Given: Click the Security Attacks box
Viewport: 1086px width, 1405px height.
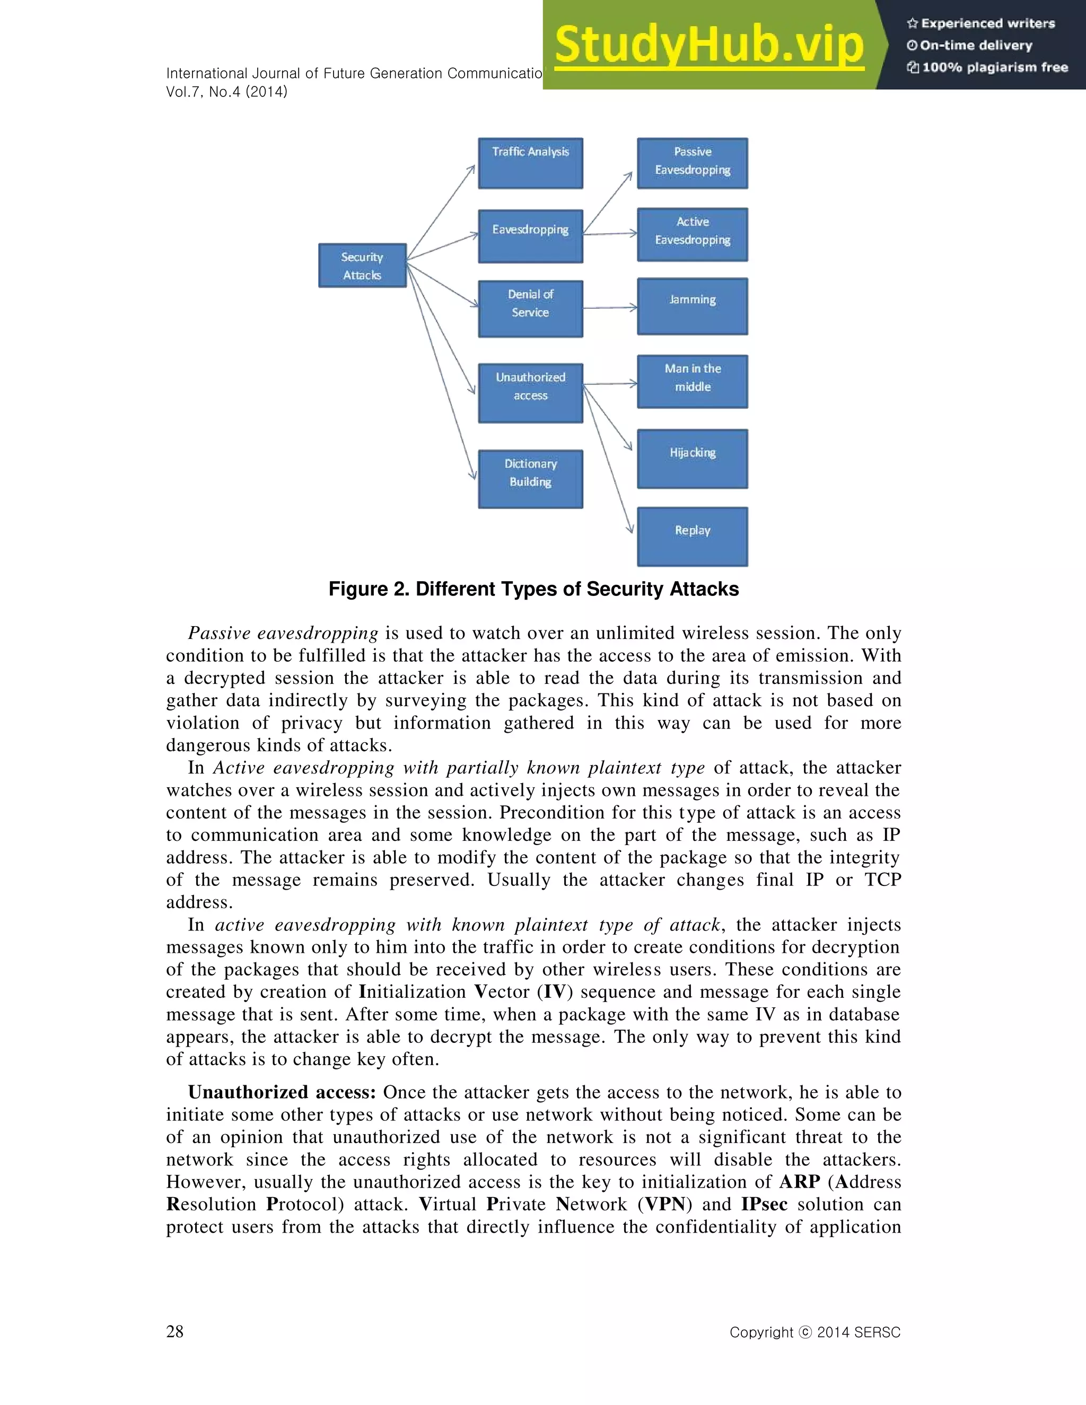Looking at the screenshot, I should click(x=362, y=266).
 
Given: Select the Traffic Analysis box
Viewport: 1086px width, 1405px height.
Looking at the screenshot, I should click(x=530, y=163).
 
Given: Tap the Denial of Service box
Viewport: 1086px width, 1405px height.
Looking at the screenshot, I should click(x=530, y=309).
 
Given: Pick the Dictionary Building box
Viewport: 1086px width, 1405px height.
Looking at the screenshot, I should click(x=530, y=479).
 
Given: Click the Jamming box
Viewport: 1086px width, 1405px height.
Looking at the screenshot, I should click(x=692, y=306).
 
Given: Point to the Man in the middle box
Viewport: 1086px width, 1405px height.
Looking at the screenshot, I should click(x=692, y=382).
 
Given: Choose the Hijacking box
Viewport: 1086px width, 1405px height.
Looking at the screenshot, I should click(x=692, y=459).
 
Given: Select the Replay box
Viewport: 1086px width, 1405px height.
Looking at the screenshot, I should click(x=692, y=537).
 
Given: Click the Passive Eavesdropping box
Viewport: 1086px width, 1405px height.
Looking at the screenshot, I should click(x=692, y=163).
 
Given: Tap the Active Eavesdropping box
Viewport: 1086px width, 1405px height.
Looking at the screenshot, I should click(x=692, y=235).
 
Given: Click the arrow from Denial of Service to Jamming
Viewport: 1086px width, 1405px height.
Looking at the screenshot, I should click(x=610, y=308).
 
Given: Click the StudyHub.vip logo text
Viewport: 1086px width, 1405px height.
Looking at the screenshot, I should click(x=708, y=45).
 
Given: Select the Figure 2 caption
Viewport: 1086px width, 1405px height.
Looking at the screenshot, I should click(x=533, y=589).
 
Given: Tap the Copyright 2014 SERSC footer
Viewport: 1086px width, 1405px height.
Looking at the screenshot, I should click(x=814, y=1332).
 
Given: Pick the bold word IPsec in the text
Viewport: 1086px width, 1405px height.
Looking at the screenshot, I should click(x=764, y=1204).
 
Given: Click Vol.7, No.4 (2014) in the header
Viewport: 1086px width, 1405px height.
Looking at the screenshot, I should click(x=226, y=92).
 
